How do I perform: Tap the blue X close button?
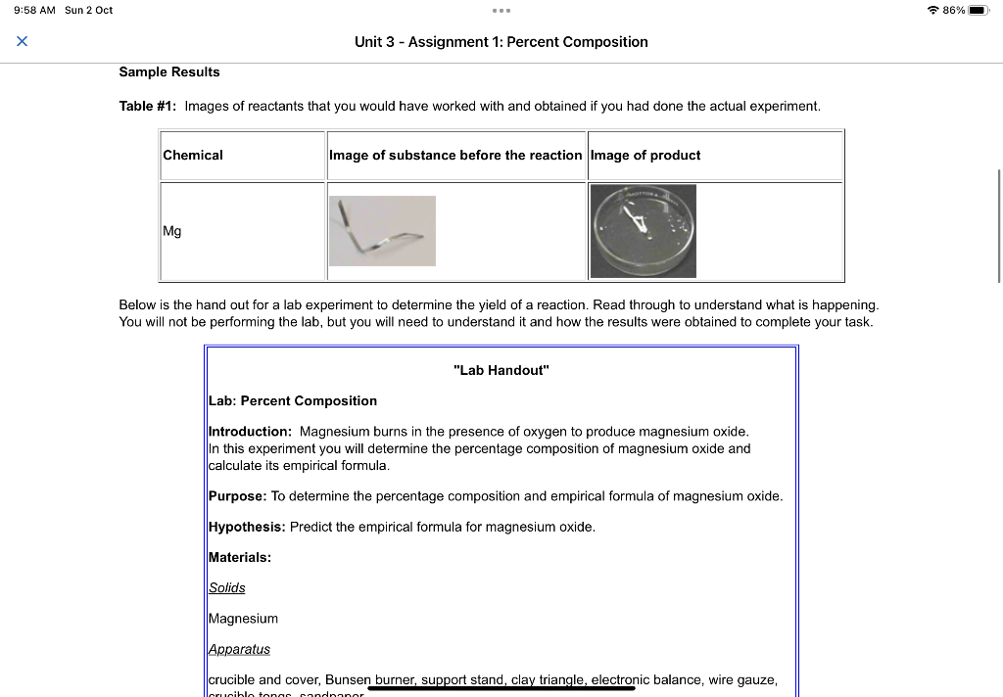coord(22,41)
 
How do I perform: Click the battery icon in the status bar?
coord(980,10)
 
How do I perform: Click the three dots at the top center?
coord(501,11)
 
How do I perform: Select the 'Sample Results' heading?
coord(169,72)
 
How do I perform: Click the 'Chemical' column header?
coord(193,155)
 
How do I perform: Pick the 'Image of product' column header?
coord(645,155)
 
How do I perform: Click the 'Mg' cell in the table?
coord(172,231)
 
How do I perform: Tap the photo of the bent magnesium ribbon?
coord(382,231)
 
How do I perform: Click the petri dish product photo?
coord(644,231)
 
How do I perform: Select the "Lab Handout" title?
coord(501,370)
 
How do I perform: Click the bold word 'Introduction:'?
coord(251,431)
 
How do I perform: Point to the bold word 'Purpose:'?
coord(237,496)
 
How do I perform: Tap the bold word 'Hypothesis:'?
coord(247,527)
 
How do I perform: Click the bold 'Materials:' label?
coord(240,557)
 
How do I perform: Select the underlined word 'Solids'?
coord(227,587)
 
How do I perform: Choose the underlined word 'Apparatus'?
coord(239,649)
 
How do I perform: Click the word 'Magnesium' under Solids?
coord(243,619)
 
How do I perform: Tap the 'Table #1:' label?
coord(148,106)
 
